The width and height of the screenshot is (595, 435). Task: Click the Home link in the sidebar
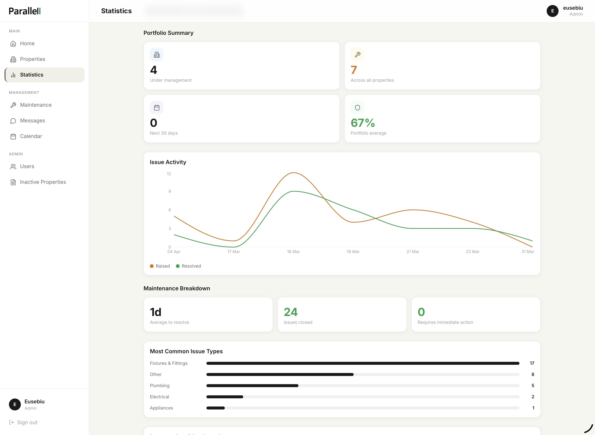tap(27, 43)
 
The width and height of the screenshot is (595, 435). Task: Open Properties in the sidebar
tap(32, 59)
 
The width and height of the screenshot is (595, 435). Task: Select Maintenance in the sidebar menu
tap(36, 105)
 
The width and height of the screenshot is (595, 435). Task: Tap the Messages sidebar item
tap(32, 121)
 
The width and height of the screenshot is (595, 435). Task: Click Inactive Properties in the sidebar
tap(43, 182)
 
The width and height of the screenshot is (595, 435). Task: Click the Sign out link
tap(27, 422)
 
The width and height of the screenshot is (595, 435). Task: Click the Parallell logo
tap(25, 11)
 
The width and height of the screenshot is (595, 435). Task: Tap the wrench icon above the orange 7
tap(357, 55)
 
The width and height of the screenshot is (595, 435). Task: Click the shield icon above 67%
tap(357, 108)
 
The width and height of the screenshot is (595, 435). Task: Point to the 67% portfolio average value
tap(363, 123)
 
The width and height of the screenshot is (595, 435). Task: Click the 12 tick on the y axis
tap(169, 174)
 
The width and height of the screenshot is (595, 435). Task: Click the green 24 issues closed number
tap(291, 312)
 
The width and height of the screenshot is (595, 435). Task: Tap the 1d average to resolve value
tap(156, 312)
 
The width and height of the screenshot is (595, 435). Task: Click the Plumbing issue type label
tap(160, 385)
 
